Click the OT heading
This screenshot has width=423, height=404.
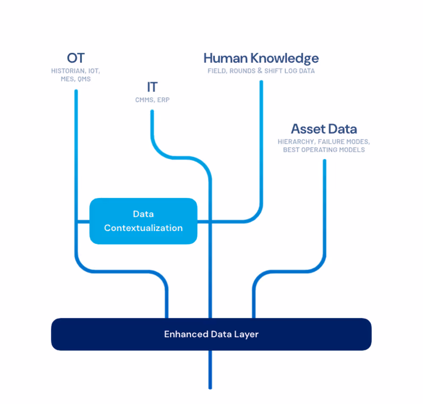(x=76, y=58)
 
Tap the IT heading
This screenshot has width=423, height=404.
(x=152, y=87)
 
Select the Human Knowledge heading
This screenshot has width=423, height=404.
(x=261, y=58)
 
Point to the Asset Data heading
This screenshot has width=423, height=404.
(x=324, y=129)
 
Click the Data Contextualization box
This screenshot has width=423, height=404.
(x=143, y=221)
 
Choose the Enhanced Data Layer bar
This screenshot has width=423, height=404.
(x=211, y=334)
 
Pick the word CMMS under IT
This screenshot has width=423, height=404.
(x=143, y=100)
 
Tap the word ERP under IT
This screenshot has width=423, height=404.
(x=163, y=100)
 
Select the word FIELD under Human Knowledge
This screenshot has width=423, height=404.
(x=217, y=71)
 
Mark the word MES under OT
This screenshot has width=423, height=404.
(x=67, y=79)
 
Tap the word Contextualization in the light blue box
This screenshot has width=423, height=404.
(x=143, y=228)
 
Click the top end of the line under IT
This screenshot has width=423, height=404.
(x=152, y=112)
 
